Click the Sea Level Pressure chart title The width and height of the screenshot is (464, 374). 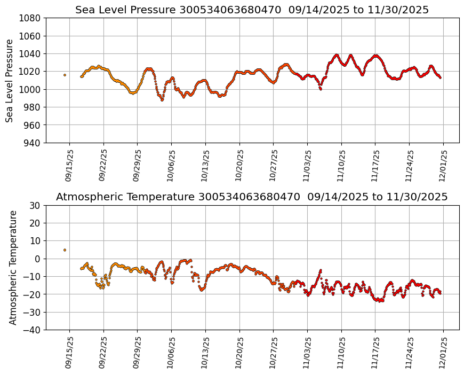tap(252, 10)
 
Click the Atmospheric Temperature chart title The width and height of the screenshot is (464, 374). tap(252, 197)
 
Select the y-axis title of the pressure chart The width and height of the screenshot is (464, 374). tap(10, 80)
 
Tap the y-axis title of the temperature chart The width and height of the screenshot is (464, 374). tap(13, 267)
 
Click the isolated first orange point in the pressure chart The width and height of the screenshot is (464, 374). tap(65, 75)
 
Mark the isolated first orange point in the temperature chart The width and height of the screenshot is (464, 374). tap(65, 250)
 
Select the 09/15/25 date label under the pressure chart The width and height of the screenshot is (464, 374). tap(69, 166)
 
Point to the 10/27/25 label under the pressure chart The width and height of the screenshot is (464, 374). tap(274, 166)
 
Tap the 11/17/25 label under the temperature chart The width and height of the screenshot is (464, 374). tap(375, 353)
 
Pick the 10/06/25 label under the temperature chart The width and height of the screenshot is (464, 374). tap(172, 353)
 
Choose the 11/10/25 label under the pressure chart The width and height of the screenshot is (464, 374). tap(341, 166)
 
